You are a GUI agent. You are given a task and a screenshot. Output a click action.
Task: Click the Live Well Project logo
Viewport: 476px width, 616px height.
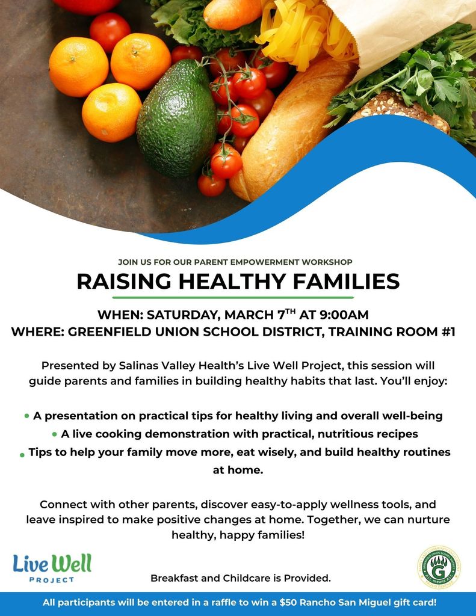coord(52,568)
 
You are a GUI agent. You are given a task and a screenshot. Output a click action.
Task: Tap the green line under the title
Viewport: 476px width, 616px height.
coord(233,297)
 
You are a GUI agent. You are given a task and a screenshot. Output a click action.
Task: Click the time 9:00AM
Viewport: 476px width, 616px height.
coord(342,315)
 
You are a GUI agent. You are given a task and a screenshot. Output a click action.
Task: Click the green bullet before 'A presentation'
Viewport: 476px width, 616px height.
coord(26,416)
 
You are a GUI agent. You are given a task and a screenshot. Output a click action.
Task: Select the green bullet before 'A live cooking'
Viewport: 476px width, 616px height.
coord(55,434)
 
